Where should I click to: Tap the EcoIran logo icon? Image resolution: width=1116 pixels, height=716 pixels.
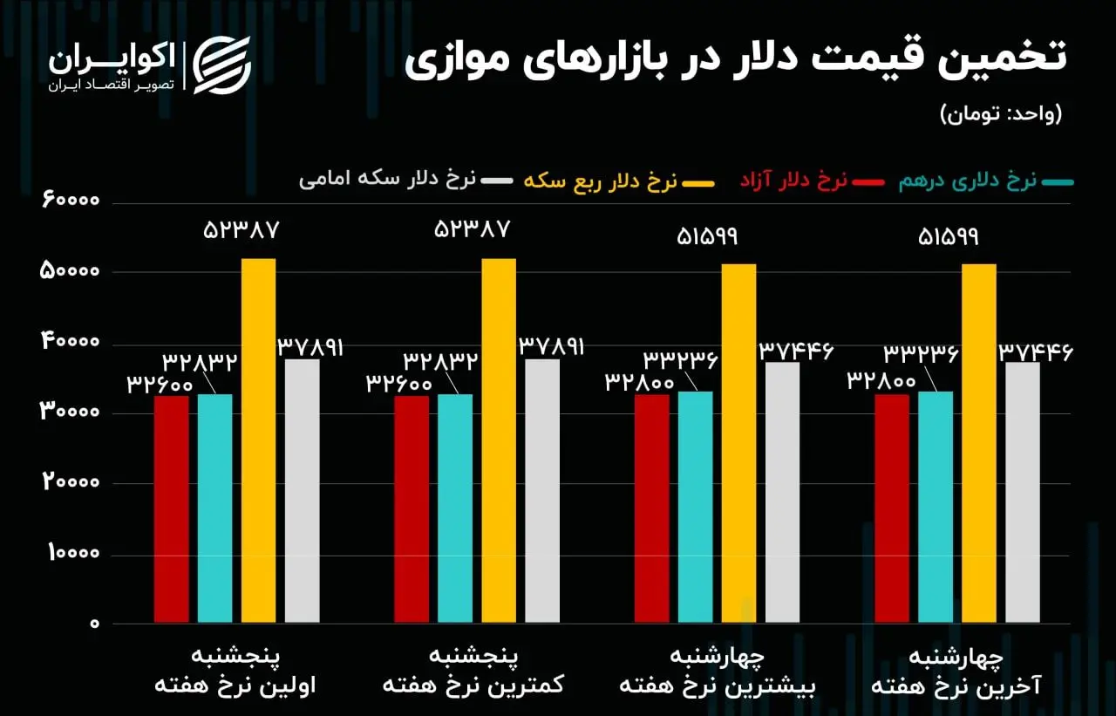[x=221, y=65]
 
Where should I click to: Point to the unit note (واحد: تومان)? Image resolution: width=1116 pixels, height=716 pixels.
[x=1001, y=113]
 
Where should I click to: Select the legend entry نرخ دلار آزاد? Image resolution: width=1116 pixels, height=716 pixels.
[x=793, y=181]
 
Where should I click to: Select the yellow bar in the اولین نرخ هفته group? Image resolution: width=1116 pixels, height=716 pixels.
[x=258, y=440]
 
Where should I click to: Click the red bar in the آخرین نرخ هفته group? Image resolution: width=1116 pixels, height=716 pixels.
[x=891, y=508]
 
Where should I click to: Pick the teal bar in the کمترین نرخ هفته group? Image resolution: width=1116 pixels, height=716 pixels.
[x=454, y=508]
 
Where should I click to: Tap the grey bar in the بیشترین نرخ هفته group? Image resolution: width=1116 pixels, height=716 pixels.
[x=782, y=493]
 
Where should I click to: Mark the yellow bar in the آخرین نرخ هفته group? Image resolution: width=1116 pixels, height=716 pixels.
[x=978, y=443]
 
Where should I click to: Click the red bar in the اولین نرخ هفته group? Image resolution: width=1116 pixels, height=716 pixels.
[x=171, y=509]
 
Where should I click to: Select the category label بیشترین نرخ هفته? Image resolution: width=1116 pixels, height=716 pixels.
[x=717, y=685]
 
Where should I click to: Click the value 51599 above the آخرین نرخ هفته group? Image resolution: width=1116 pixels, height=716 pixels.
[x=949, y=236]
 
